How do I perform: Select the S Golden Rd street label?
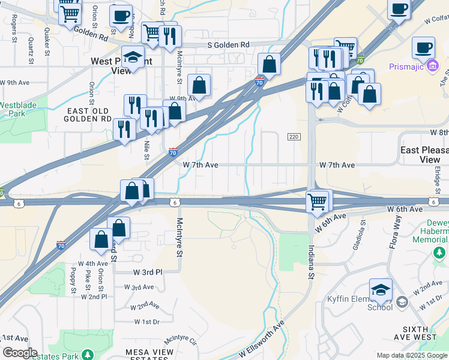pyautogui.click(x=228, y=45)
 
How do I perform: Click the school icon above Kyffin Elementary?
pyautogui.click(x=381, y=290)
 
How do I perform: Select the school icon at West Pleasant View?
pyautogui.click(x=133, y=58)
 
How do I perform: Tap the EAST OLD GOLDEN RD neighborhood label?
pyautogui.click(x=88, y=115)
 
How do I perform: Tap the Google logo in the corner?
pyautogui.click(x=20, y=352)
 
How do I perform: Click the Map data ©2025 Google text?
pyautogui.click(x=411, y=356)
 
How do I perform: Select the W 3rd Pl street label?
pyautogui.click(x=148, y=272)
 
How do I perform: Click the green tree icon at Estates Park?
pyautogui.click(x=88, y=355)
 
